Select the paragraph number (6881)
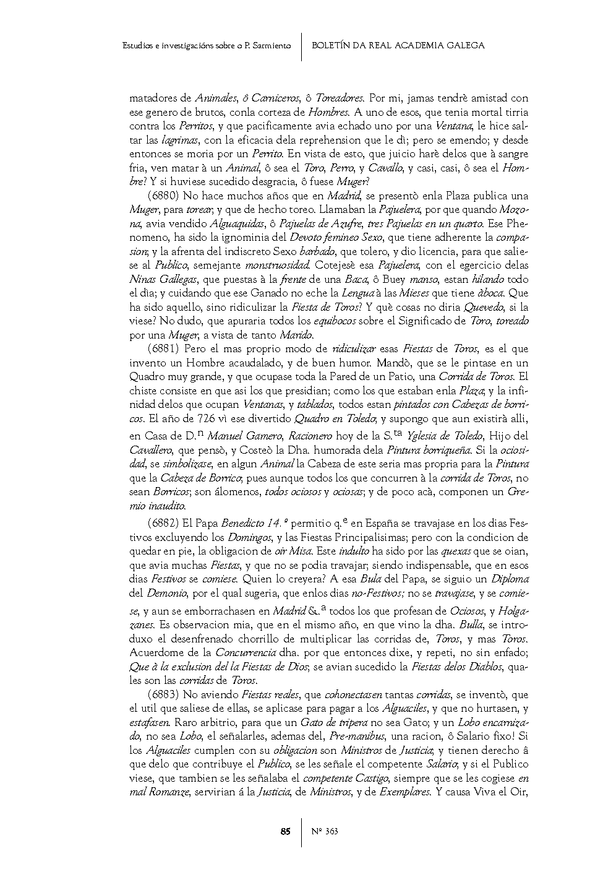coord(164,349)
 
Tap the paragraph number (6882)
coord(164,523)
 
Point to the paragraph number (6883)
coord(164,695)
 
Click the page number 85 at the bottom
coord(285,831)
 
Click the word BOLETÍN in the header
coord(331,45)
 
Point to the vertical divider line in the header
coord(301,46)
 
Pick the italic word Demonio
coord(165,593)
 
